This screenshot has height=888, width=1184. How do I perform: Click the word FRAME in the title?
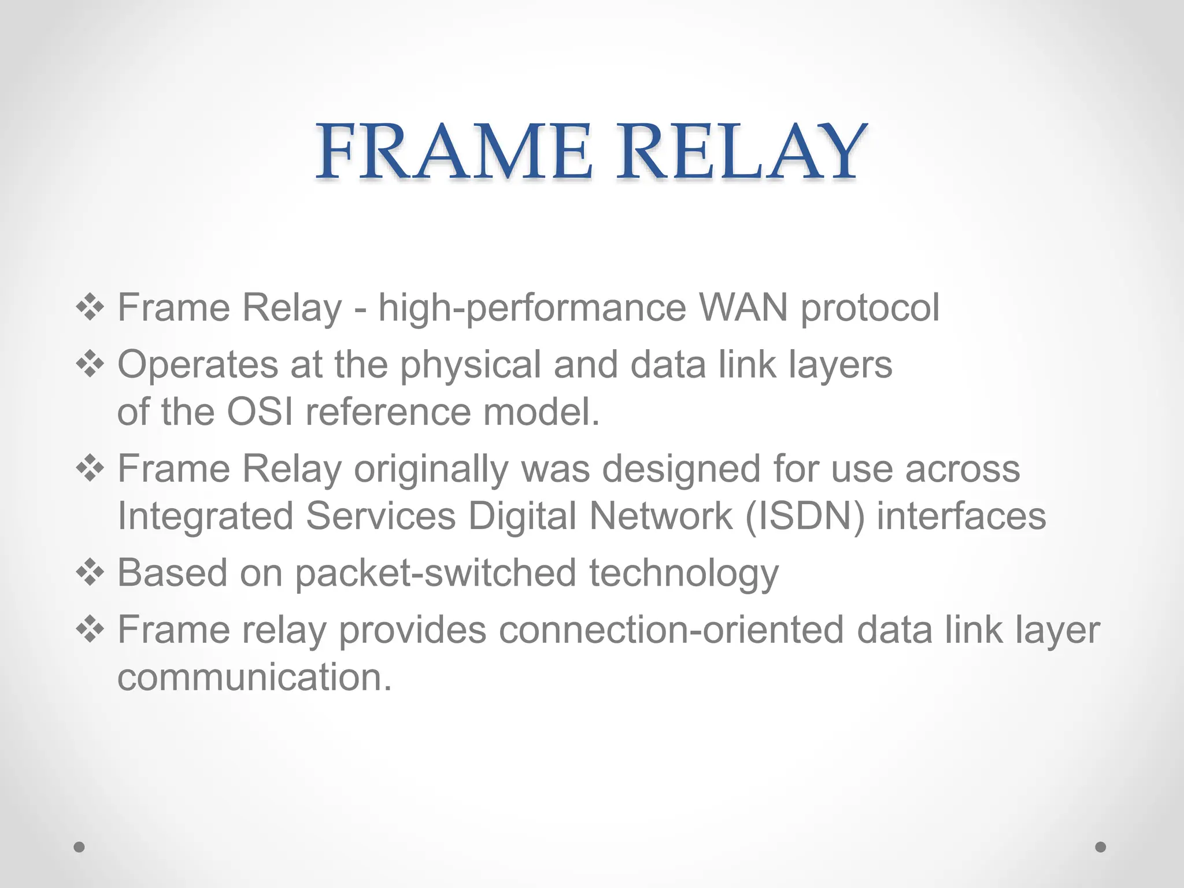click(x=453, y=151)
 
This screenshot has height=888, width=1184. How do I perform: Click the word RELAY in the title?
click(x=741, y=151)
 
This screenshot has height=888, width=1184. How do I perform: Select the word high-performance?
click(x=532, y=308)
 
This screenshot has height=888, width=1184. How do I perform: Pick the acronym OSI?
click(x=260, y=412)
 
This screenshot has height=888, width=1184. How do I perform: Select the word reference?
click(x=388, y=412)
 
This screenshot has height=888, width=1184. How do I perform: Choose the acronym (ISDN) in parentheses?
click(x=805, y=516)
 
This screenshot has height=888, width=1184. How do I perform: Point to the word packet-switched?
click(x=436, y=573)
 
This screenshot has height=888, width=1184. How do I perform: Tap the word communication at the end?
click(x=254, y=677)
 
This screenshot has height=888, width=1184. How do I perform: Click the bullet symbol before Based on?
click(x=90, y=573)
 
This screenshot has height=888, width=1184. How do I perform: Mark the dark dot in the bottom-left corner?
click(x=79, y=847)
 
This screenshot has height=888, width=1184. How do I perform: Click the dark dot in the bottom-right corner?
click(x=1101, y=847)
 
